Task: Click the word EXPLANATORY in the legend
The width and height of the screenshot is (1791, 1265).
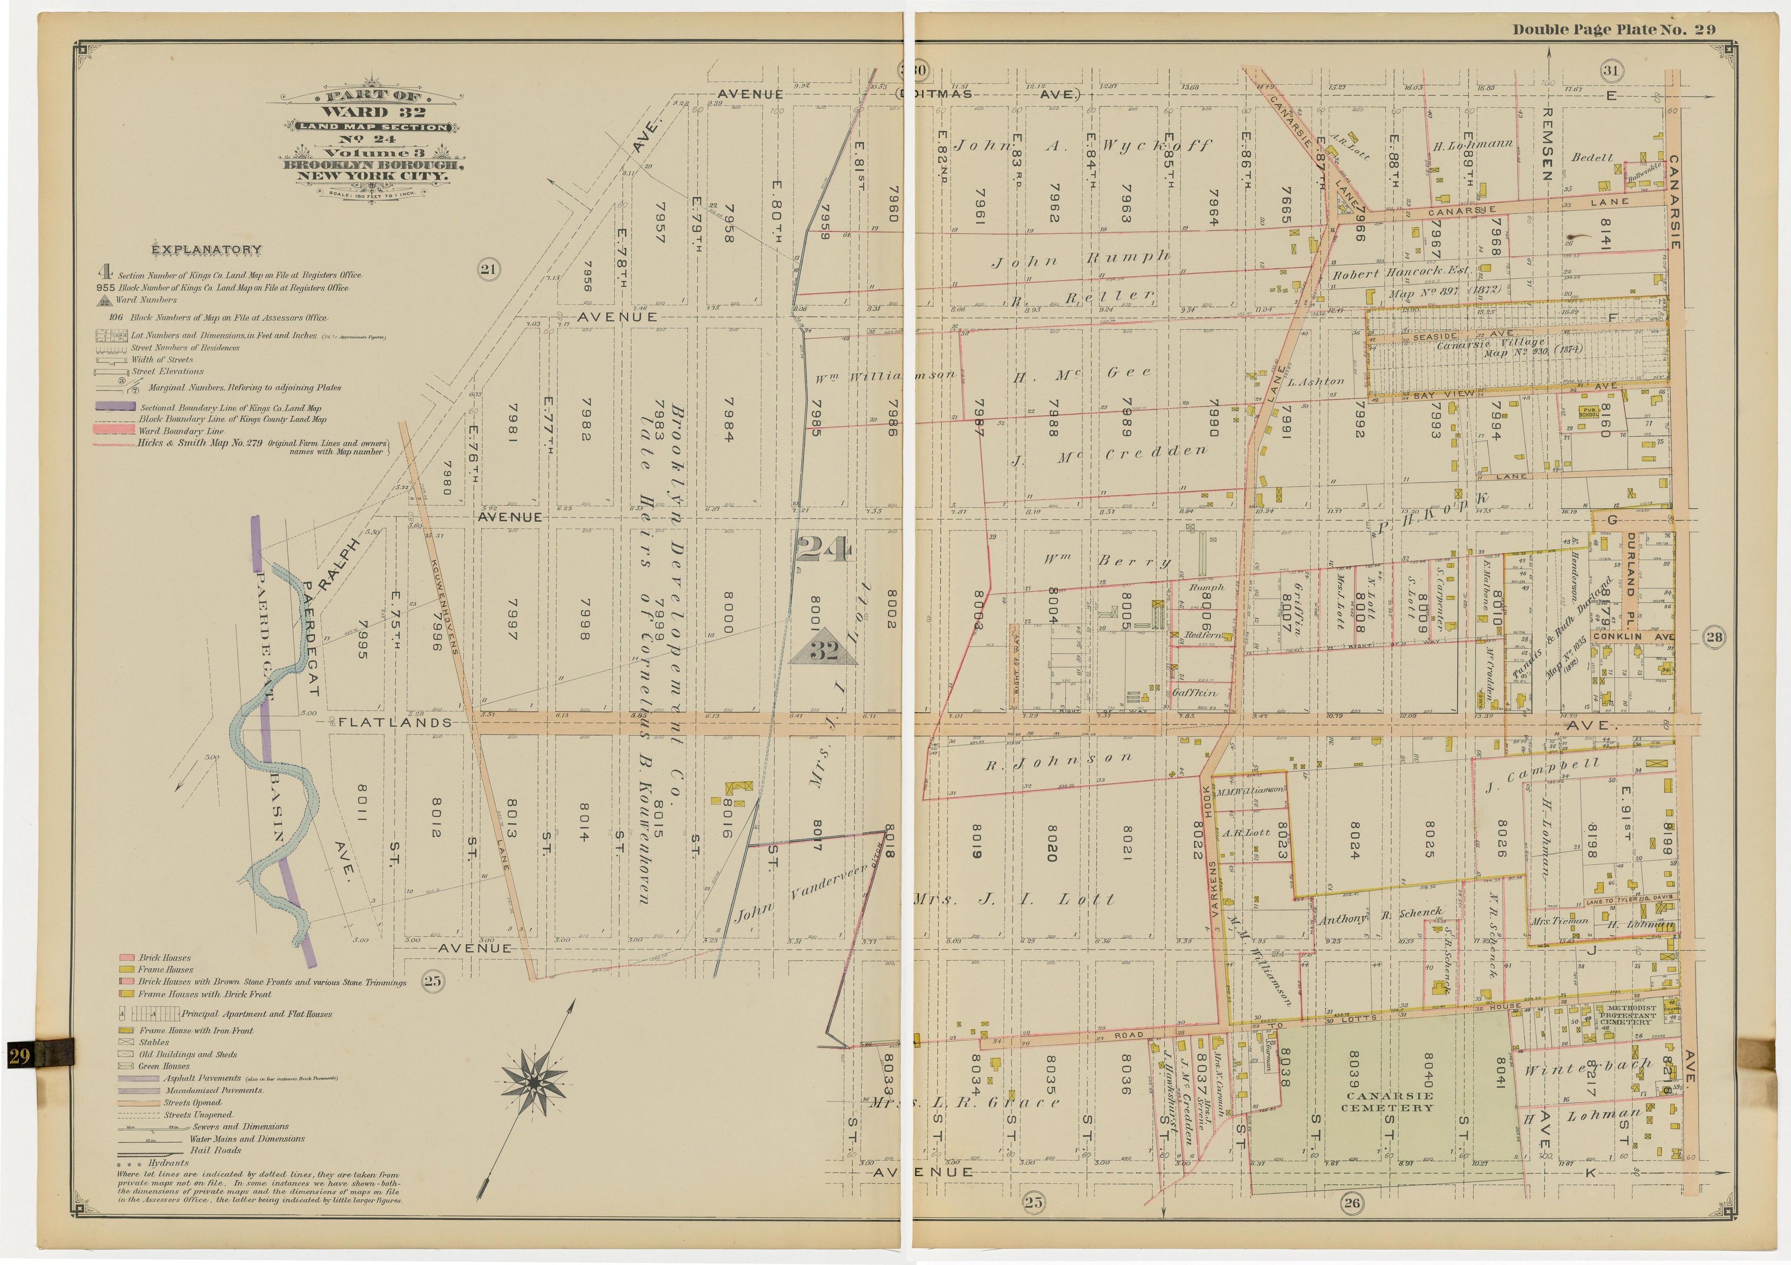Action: pos(206,249)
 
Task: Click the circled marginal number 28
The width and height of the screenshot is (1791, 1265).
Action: pos(1715,636)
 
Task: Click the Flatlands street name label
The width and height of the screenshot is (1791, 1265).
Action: pos(395,722)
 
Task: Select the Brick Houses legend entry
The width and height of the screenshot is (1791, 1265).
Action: pos(165,957)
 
